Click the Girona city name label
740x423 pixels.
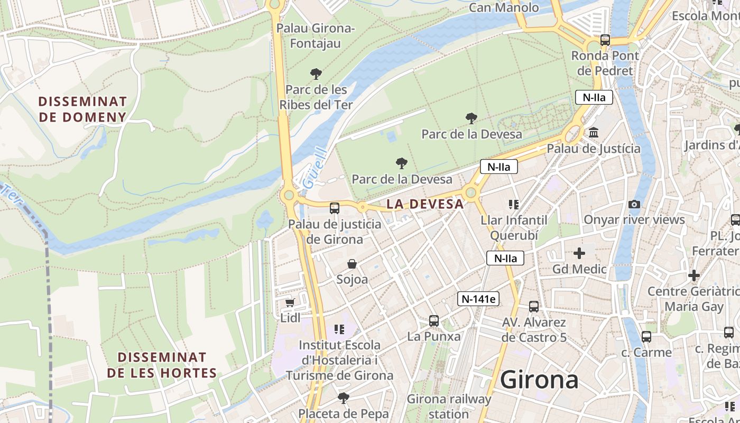coord(539,380)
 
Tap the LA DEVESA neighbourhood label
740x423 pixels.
coord(425,204)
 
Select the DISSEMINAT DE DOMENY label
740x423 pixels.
coord(82,109)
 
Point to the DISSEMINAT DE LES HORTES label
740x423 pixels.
coord(162,365)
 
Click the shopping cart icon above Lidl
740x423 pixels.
coord(290,302)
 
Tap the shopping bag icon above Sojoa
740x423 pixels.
coord(352,264)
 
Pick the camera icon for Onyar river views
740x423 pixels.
coord(634,204)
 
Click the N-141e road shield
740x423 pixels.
coord(478,299)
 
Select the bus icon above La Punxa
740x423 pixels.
coord(434,321)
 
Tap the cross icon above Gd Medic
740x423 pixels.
coord(579,254)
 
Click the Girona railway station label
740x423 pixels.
coord(449,406)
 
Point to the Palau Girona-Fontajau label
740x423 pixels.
coord(316,35)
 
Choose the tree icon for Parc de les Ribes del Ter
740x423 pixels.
coord(316,73)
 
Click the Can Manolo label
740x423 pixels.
coord(504,7)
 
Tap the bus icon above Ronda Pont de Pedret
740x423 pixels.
coord(605,40)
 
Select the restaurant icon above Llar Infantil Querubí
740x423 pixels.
coord(513,204)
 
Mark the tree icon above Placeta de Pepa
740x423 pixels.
coord(344,398)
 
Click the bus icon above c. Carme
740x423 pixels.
coord(646,337)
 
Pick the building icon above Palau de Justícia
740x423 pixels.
coord(594,133)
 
